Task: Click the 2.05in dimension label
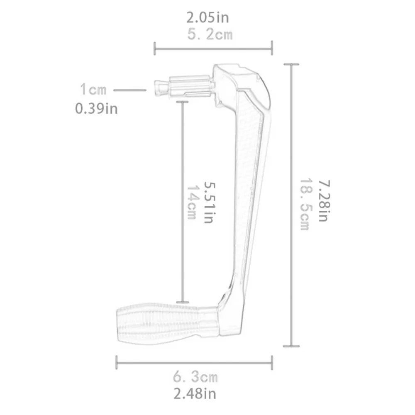pos(207,18)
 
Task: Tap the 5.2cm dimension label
pos(210,34)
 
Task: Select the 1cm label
pos(93,89)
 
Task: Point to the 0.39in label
pos(96,108)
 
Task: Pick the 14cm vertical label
pos(192,202)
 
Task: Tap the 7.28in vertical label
pos(323,200)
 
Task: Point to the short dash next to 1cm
pos(129,90)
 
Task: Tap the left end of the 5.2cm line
pos(155,48)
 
